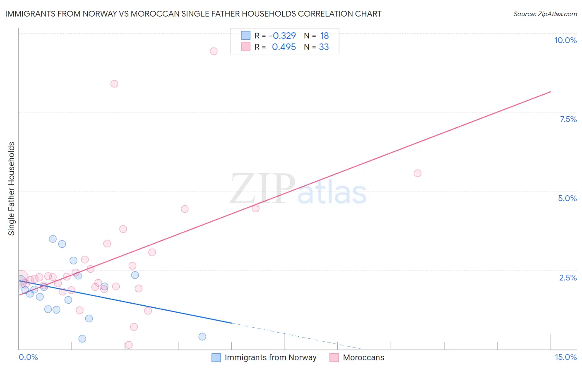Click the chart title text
point(193,14)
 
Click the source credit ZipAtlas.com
point(545,14)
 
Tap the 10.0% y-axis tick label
point(565,40)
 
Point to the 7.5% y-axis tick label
point(568,119)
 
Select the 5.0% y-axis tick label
point(567,198)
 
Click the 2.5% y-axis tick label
point(568,278)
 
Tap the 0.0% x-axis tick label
point(28,357)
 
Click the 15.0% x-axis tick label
point(565,357)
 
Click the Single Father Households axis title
point(12,189)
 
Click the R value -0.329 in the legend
point(282,36)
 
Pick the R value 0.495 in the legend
point(284,47)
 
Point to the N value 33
point(324,47)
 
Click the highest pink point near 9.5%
point(214,51)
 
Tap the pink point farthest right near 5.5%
point(417,173)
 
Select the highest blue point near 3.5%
point(53,239)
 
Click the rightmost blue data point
point(202,337)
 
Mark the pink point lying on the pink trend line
point(255,208)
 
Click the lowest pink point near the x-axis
point(129,345)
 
